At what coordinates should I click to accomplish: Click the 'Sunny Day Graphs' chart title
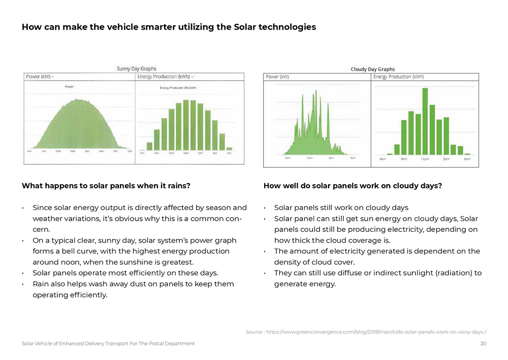pyautogui.click(x=137, y=69)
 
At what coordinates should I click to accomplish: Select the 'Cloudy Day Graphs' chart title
pyautogui.click(x=372, y=69)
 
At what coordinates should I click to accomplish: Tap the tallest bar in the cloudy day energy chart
pyautogui.click(x=425, y=121)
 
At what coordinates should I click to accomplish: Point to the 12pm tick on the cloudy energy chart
pyautogui.click(x=425, y=159)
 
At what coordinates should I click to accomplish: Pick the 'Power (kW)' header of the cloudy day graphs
pyautogui.click(x=277, y=77)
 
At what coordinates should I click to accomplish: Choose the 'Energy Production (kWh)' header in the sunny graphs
pyautogui.click(x=166, y=77)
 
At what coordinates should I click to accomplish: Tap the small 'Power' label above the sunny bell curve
pyautogui.click(x=69, y=87)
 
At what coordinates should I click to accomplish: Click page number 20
pyautogui.click(x=483, y=344)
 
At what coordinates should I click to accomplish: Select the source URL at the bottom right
pyautogui.click(x=366, y=332)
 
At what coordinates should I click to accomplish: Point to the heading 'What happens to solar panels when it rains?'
pyautogui.click(x=106, y=186)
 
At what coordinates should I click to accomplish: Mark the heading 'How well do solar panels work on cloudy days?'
pyautogui.click(x=353, y=186)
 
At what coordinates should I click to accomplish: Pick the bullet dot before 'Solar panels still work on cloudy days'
pyautogui.click(x=265, y=208)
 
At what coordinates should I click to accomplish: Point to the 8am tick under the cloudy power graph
pyautogui.click(x=288, y=158)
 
